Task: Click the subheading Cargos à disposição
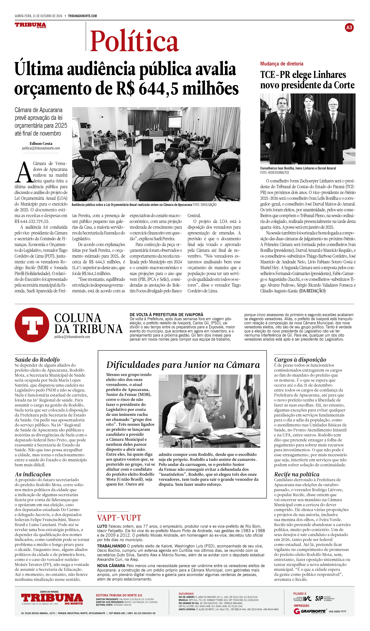click(300, 360)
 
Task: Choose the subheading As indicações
click(33, 474)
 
